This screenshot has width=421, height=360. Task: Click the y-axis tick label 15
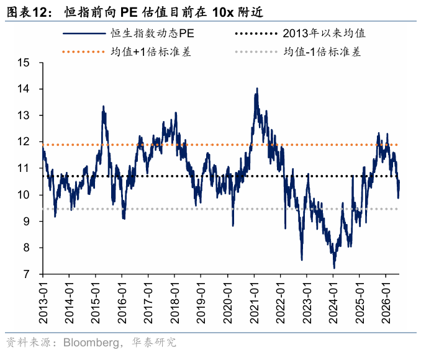(x=24, y=63)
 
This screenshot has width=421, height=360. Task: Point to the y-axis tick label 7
(x=26, y=274)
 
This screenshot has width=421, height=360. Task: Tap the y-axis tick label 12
(x=24, y=142)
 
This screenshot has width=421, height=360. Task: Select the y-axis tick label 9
(x=26, y=222)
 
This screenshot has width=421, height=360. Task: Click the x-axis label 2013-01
(x=43, y=303)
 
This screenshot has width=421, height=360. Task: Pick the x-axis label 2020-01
(x=228, y=303)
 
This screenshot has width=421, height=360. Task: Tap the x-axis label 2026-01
(x=386, y=303)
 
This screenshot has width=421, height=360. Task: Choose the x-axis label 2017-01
(x=148, y=303)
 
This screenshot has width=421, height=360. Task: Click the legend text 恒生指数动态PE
(x=152, y=34)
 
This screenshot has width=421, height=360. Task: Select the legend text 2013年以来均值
(x=324, y=34)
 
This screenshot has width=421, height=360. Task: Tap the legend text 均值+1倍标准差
(x=151, y=52)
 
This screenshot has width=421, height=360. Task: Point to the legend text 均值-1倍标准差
(x=322, y=52)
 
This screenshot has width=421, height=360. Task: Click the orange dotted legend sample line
(x=83, y=52)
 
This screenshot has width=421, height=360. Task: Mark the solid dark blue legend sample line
(x=84, y=34)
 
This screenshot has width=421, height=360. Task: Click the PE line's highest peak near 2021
(x=257, y=88)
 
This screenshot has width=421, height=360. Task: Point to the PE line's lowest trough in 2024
(x=334, y=268)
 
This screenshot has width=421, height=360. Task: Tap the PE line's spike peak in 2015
(x=103, y=106)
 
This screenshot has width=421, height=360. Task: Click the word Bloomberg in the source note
(x=91, y=343)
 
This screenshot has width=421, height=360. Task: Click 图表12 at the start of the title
(x=26, y=12)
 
